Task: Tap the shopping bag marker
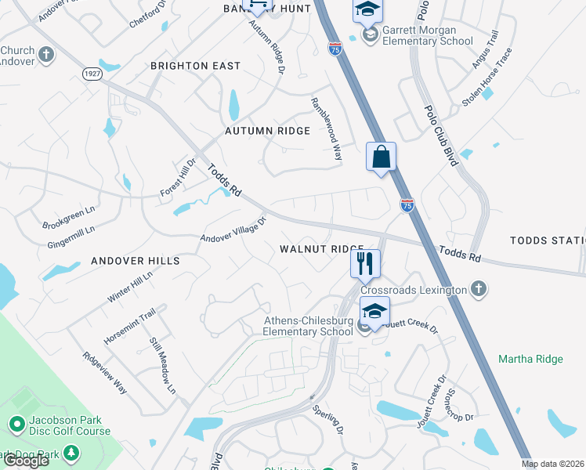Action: pos(381,157)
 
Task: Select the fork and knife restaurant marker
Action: pos(365,263)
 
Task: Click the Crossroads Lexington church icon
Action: pos(479,290)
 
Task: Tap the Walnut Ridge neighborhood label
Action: pos(322,248)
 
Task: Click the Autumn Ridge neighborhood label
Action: pos(267,131)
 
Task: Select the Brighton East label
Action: pos(195,66)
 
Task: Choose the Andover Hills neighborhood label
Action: pos(135,260)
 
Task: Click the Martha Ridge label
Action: pos(530,359)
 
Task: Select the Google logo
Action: pos(26,461)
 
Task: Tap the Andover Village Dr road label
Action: pos(233,229)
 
